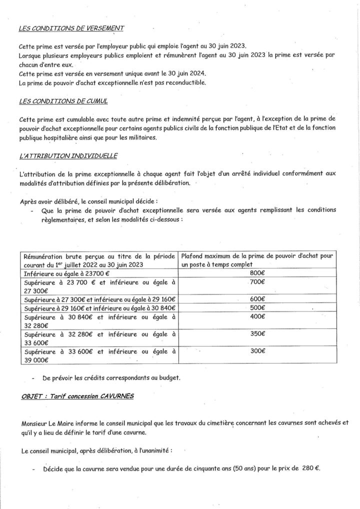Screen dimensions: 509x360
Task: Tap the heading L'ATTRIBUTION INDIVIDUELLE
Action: click(x=67, y=156)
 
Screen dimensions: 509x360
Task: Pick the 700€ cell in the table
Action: click(x=257, y=282)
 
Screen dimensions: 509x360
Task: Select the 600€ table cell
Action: click(x=257, y=299)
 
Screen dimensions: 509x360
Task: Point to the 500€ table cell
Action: click(x=257, y=307)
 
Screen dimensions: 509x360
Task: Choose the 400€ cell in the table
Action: click(x=257, y=316)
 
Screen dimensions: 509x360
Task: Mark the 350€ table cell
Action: click(x=257, y=334)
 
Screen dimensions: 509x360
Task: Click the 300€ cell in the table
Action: click(x=257, y=351)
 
